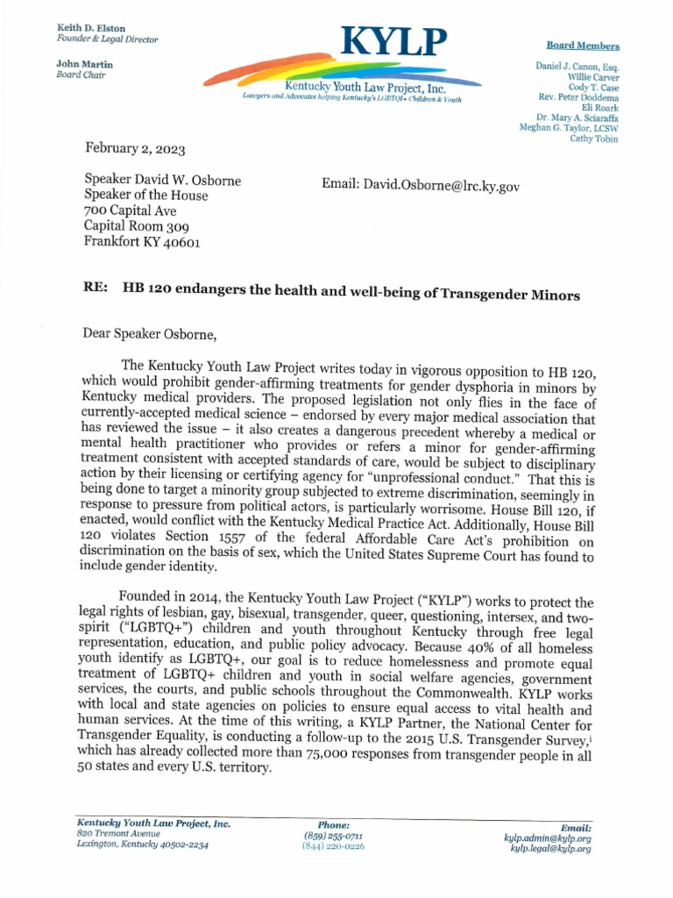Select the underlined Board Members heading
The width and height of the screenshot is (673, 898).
tap(583, 46)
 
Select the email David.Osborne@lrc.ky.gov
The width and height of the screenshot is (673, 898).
tap(415, 188)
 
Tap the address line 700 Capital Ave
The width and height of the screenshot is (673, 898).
tap(130, 210)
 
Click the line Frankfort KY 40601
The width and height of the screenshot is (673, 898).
tap(142, 242)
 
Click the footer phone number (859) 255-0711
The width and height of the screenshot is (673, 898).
tap(333, 836)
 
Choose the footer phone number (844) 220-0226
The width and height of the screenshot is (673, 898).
tap(333, 846)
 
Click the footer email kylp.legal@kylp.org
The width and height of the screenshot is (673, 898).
tap(550, 849)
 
